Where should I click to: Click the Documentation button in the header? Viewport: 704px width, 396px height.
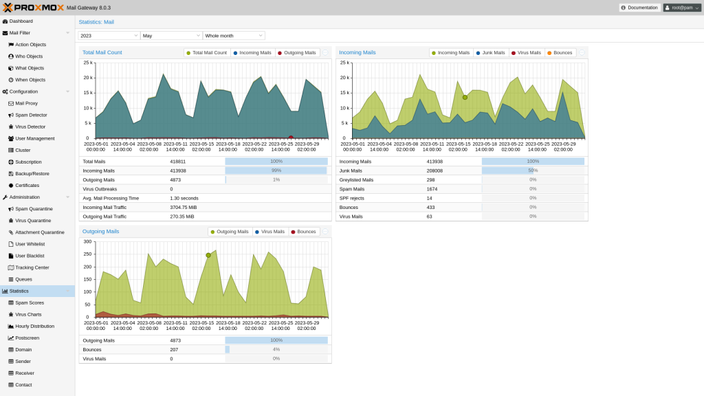pos(639,8)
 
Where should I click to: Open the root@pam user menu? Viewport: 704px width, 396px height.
pos(682,8)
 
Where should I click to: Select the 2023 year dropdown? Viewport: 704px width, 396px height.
pos(109,35)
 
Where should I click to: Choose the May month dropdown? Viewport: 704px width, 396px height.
pos(170,35)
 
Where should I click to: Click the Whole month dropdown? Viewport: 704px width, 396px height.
pos(233,35)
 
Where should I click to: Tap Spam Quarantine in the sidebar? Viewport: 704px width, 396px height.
pos(34,209)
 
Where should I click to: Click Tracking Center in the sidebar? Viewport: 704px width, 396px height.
pos(32,267)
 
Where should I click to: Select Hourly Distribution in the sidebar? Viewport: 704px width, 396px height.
pos(34,326)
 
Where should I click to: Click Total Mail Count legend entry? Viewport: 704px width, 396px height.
pos(206,53)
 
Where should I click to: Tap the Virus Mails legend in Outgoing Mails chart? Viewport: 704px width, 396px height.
pos(269,232)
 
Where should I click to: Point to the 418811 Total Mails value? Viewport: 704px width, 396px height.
pos(177,161)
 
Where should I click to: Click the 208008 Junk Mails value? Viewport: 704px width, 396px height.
pos(434,170)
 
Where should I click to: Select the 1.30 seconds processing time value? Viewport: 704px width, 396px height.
pos(184,198)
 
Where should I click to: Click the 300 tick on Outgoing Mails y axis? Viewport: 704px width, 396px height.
pos(87,241)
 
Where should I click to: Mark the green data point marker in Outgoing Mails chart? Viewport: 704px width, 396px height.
pos(208,255)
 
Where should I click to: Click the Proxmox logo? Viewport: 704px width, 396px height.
pos(32,8)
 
